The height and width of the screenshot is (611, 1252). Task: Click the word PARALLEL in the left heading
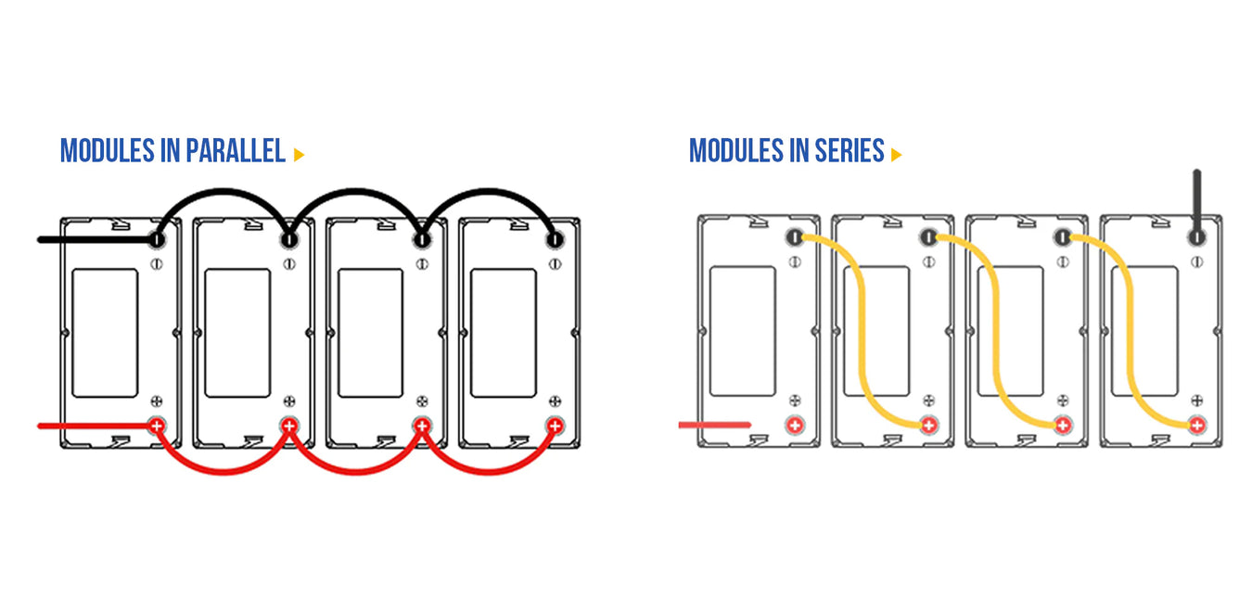236,151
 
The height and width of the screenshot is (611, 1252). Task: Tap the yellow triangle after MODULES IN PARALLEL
299,155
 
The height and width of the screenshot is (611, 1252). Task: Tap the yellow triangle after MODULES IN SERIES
896,155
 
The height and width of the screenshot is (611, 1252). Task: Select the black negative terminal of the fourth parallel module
555,240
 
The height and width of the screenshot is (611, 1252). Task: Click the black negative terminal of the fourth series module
1196,237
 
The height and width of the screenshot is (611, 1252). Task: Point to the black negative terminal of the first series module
795,237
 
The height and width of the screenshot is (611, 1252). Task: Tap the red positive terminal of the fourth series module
1196,426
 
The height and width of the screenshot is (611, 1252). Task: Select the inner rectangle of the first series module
742,329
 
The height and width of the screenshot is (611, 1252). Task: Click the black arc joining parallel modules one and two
223,191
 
